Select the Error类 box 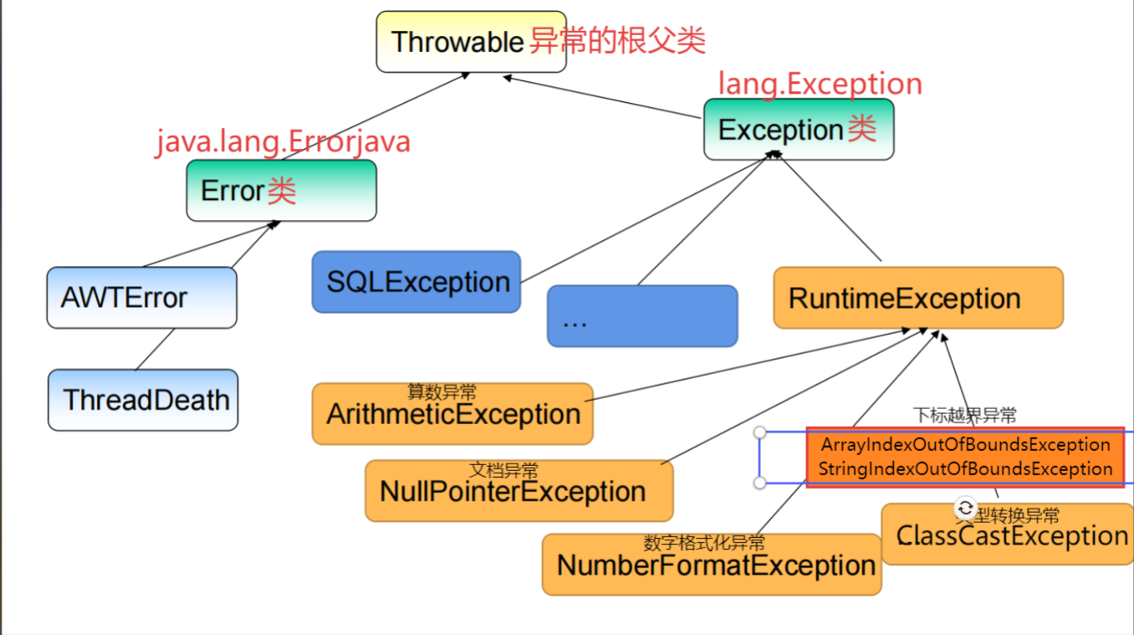click(x=281, y=191)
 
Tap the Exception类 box click(x=799, y=130)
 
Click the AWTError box click(x=141, y=298)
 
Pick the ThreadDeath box click(x=143, y=400)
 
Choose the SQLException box click(x=416, y=282)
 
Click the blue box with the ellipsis click(x=642, y=316)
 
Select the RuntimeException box click(x=918, y=298)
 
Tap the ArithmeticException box click(x=452, y=414)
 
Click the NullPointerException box click(x=518, y=491)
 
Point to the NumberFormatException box click(x=712, y=566)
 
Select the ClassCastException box click(x=1010, y=536)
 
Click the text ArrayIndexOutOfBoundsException click(x=965, y=444)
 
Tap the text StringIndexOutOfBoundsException click(x=965, y=469)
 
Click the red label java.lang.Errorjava click(x=283, y=141)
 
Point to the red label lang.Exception click(x=820, y=84)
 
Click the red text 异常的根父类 click(x=617, y=40)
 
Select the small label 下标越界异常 click(x=964, y=415)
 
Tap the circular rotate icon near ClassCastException click(x=965, y=508)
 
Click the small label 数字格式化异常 click(x=704, y=543)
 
